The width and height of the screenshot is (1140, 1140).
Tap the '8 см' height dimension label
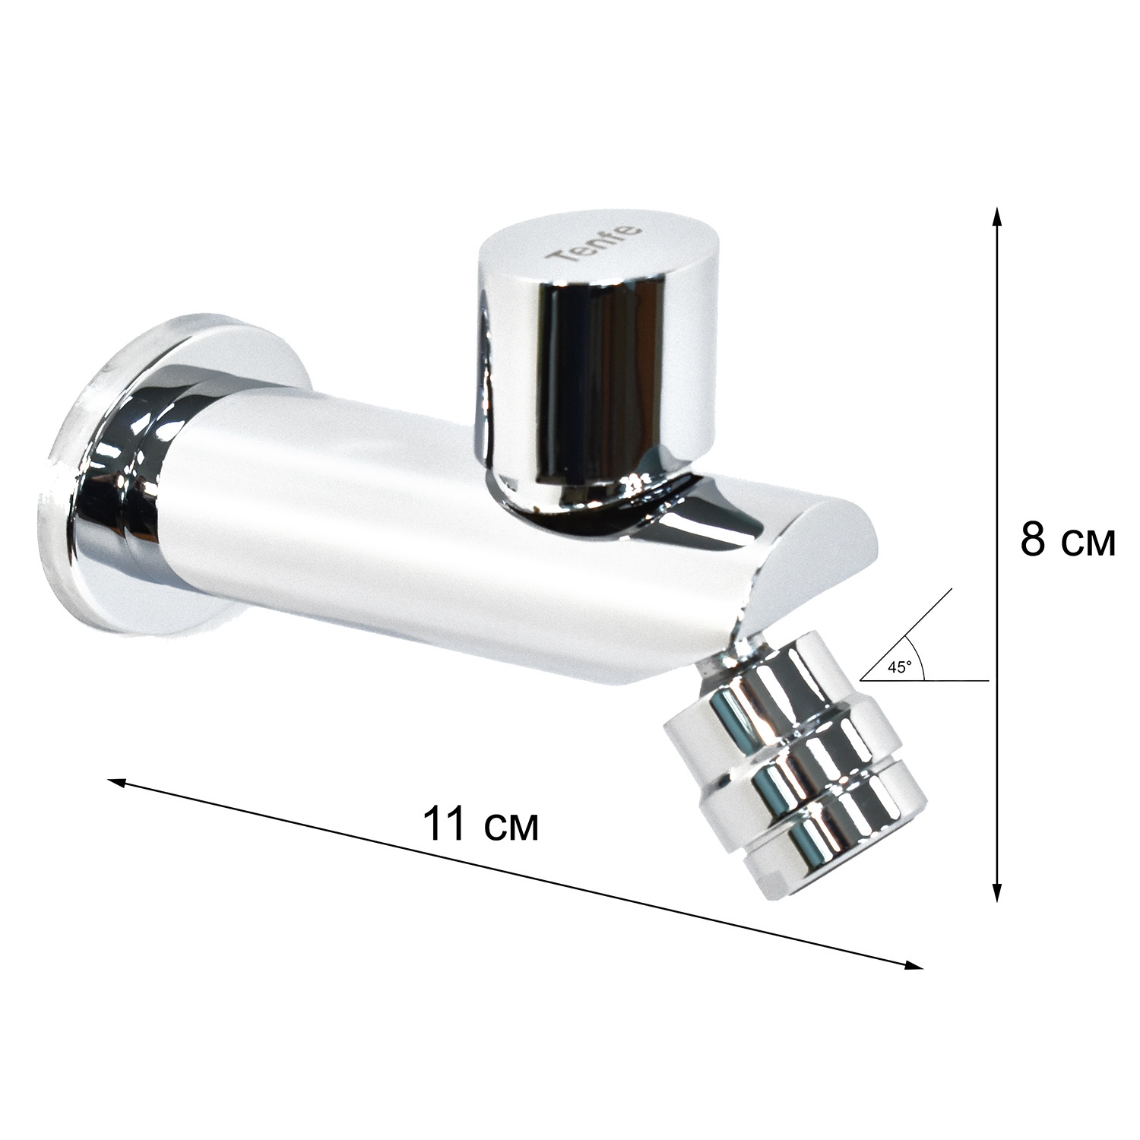1067,540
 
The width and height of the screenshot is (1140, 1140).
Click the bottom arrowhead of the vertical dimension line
997,894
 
